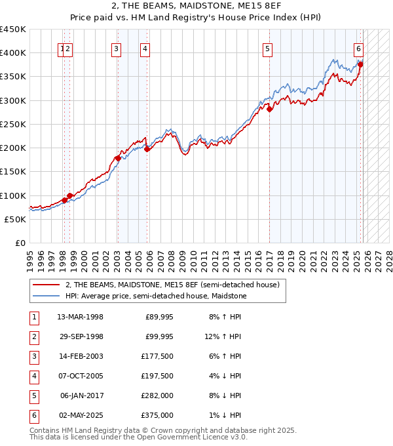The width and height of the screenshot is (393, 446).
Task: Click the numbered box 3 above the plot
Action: click(x=116, y=48)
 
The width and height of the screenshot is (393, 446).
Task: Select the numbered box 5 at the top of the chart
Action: click(x=268, y=48)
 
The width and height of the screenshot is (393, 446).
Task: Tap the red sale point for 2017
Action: click(x=270, y=109)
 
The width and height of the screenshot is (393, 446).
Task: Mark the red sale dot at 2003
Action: click(x=118, y=158)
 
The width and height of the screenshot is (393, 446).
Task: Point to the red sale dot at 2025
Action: click(x=360, y=64)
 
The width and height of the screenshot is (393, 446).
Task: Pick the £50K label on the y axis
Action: click(x=16, y=219)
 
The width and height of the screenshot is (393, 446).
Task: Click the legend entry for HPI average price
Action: click(x=155, y=296)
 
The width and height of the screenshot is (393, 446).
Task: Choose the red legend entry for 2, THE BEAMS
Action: click(x=172, y=285)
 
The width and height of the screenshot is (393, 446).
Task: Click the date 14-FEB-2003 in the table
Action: click(x=80, y=356)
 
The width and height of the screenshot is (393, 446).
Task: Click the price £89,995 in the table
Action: click(x=159, y=317)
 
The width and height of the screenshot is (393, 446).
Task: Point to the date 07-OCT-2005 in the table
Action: click(x=80, y=376)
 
